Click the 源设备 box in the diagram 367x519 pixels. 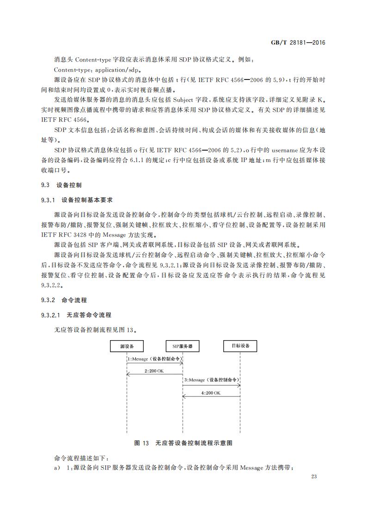(x=126, y=346)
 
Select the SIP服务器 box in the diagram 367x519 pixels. (x=183, y=346)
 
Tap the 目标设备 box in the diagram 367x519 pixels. (x=240, y=346)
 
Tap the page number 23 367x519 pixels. (x=315, y=476)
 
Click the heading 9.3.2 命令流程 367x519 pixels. (x=64, y=300)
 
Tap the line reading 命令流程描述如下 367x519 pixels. (x=81, y=458)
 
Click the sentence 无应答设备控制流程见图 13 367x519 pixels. (x=96, y=330)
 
